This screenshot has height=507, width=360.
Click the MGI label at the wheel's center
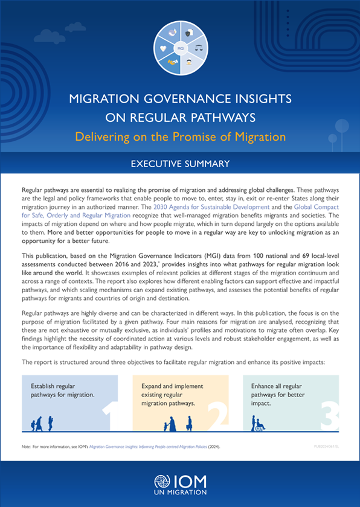pos(180,47)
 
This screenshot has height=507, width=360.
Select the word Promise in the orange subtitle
pos(214,136)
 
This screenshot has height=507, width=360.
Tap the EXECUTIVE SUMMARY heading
pos(180,164)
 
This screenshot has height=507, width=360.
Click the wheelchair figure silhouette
pos(259,424)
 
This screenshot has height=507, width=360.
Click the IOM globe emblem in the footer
pos(163,483)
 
